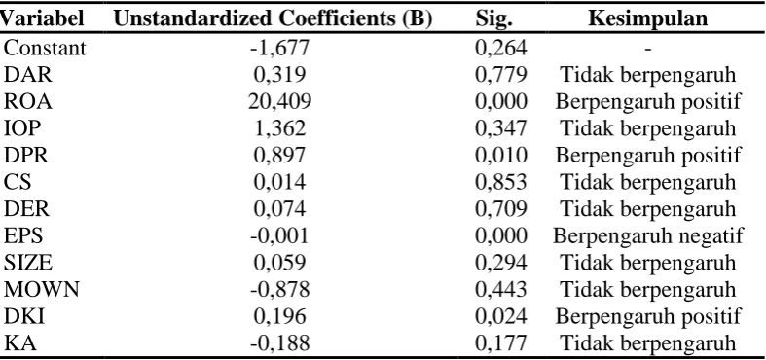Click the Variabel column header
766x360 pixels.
click(42, 18)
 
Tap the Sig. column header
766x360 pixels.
click(493, 19)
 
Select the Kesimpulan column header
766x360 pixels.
click(648, 18)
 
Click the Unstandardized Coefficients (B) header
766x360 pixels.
click(274, 19)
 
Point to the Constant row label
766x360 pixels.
click(45, 48)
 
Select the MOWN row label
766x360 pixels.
click(42, 290)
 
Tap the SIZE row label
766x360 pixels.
click(28, 263)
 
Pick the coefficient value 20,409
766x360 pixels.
click(279, 101)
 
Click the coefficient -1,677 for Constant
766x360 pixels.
click(280, 48)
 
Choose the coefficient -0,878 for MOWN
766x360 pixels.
click(280, 290)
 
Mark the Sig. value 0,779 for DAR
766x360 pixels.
click(501, 75)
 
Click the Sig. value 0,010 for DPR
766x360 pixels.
click(501, 156)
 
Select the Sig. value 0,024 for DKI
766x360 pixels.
click(501, 316)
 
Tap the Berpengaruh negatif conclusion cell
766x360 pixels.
click(648, 235)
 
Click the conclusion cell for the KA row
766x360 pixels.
click(648, 343)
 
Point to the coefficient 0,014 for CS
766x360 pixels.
click(280, 182)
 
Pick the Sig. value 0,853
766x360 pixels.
click(501, 182)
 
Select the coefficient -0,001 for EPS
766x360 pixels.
click(280, 235)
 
